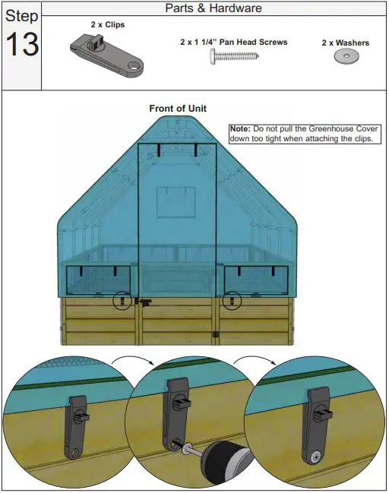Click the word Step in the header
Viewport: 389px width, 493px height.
point(21,17)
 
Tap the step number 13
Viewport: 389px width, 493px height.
point(21,44)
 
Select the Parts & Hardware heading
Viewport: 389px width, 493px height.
point(213,8)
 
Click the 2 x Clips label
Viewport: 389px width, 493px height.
point(108,24)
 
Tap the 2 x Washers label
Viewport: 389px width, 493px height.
point(346,43)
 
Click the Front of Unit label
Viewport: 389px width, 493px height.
point(177,109)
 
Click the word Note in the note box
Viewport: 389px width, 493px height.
point(239,130)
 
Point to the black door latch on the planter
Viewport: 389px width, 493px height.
point(144,302)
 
